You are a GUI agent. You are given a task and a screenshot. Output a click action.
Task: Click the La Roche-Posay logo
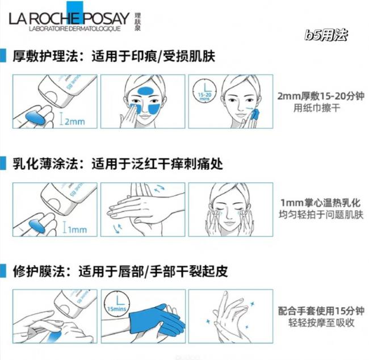coord(75,17)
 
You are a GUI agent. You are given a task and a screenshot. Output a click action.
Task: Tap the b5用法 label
coord(326,35)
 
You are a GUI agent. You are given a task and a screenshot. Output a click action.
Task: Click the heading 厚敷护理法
coord(45,56)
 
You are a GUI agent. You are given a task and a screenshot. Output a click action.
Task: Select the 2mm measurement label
coord(74,122)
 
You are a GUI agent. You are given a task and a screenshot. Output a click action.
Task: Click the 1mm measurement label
coord(77,229)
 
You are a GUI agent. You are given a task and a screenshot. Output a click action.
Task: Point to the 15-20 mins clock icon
coord(204,91)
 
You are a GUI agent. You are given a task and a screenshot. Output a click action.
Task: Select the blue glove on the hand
coord(156,321)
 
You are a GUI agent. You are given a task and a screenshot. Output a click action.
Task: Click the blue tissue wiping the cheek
coord(255,115)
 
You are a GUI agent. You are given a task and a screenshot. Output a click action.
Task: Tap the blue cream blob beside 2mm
coord(35,118)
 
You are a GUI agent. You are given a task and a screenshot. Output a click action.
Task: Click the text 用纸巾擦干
coord(317,108)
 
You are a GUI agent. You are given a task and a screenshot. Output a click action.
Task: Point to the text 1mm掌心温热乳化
coord(321,203)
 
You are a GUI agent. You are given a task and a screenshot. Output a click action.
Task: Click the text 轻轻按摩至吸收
coord(321,323)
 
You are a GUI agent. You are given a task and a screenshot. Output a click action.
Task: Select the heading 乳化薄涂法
coord(45,164)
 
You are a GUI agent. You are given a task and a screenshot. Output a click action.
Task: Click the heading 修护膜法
coord(39,271)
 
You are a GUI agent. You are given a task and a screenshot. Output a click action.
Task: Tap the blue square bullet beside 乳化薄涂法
coord(3,164)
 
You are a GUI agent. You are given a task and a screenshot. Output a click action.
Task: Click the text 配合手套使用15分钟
coord(321,311)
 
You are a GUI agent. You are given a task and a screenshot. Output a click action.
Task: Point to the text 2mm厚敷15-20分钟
coord(321,96)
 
